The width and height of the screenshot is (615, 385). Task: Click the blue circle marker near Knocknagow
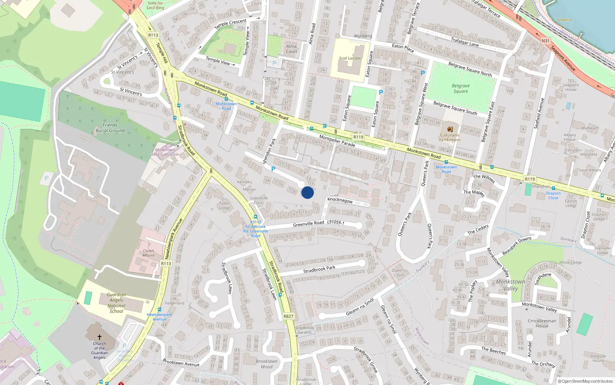tap(307, 192)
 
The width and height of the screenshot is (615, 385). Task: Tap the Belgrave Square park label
tap(460, 89)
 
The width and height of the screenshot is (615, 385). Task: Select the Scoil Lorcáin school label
tap(349, 59)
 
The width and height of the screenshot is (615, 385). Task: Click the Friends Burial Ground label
tap(110, 128)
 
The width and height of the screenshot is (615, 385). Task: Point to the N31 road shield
tap(545, 41)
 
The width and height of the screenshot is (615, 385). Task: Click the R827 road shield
tap(288, 316)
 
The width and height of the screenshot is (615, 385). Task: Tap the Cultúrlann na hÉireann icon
tap(450, 129)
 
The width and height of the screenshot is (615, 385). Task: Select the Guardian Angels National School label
tap(116, 303)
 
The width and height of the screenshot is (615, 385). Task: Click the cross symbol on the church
tap(99, 337)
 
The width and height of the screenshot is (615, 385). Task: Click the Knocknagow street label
tap(340, 200)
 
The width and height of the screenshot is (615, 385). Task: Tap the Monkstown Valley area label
tap(510, 285)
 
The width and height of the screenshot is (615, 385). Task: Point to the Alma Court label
tap(291, 49)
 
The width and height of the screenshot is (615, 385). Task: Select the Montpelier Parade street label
tap(337, 141)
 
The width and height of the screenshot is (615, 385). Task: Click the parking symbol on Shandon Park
tap(273, 169)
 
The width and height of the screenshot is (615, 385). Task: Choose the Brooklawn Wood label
tap(266, 364)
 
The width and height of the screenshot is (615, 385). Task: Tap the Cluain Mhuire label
tap(148, 253)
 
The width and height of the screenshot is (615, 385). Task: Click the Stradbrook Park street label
tap(319, 269)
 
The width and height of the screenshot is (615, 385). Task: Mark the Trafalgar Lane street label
tap(465, 42)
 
